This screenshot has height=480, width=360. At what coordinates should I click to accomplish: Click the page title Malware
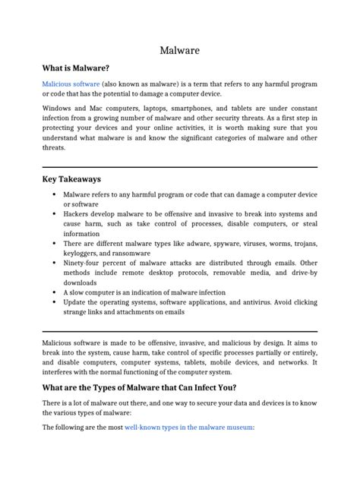pos(180,50)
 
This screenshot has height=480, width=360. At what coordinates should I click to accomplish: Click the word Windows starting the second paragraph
pos(58,107)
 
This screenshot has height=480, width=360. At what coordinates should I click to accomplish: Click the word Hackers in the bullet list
pos(78,214)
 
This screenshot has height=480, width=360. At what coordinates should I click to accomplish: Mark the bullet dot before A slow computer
pos(54,292)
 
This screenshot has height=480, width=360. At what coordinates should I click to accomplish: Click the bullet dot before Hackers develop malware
pos(54,214)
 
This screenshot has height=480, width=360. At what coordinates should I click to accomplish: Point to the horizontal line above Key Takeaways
pos(180,166)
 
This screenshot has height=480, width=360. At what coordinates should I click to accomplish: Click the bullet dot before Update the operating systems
pos(54,302)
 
